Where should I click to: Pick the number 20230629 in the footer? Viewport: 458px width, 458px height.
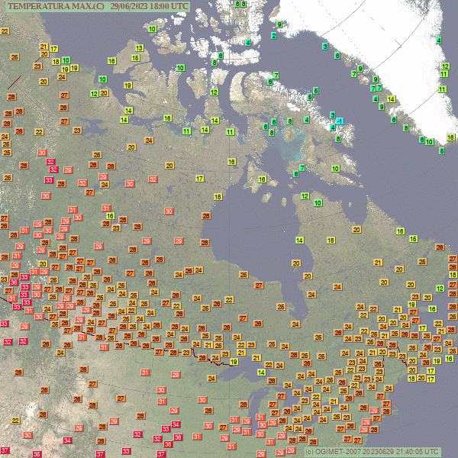pos(386,452)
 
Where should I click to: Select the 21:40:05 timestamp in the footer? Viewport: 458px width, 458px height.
pos(415,452)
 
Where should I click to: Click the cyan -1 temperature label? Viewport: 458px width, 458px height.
pos(340,121)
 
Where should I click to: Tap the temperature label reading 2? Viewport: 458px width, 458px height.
pos(273,36)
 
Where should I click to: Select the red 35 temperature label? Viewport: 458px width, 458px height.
pos(37,454)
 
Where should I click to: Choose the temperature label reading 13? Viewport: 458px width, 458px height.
pos(139,48)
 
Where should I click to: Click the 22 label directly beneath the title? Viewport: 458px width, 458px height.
pos(5,31)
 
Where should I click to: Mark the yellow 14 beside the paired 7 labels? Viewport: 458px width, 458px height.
pos(391,98)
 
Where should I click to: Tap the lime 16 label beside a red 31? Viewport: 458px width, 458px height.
pos(111,216)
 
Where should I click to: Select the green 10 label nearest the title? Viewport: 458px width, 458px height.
pos(153,29)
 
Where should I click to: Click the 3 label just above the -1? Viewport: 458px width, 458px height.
pos(333,115)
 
